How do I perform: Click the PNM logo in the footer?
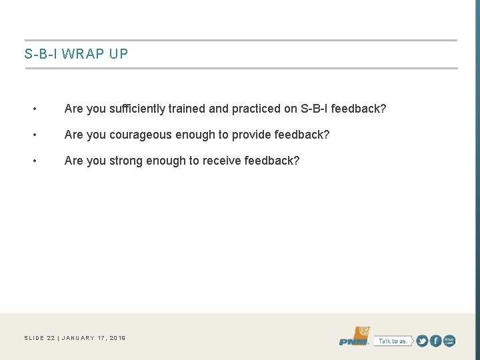[x=354, y=337]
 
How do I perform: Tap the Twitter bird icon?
[x=422, y=341]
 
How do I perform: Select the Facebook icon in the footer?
[x=435, y=341]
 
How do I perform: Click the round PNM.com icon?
[x=449, y=341]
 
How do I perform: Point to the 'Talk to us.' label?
[x=392, y=341]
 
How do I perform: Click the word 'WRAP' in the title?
[x=79, y=54]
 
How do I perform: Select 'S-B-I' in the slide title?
[x=39, y=54]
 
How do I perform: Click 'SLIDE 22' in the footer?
[x=39, y=338]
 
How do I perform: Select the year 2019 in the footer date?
[x=116, y=338]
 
